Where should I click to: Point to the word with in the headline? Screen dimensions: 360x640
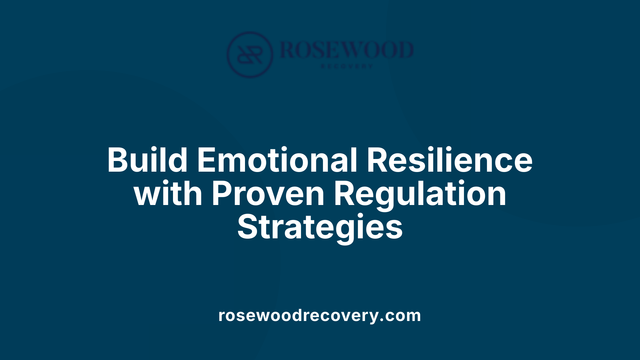pos(168,194)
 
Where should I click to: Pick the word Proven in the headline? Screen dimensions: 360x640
pos(268,194)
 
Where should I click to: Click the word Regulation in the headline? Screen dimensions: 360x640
pos(420,194)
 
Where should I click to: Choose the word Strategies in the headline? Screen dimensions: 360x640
pos(320,227)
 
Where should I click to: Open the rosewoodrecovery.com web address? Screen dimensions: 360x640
pos(320,315)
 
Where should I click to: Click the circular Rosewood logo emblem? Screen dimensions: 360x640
pos(250,54)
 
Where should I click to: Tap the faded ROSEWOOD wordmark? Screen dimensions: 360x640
pos(347,50)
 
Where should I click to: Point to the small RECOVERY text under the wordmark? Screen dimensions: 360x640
pos(347,66)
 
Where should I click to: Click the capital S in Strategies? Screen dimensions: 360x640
pos(247,227)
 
